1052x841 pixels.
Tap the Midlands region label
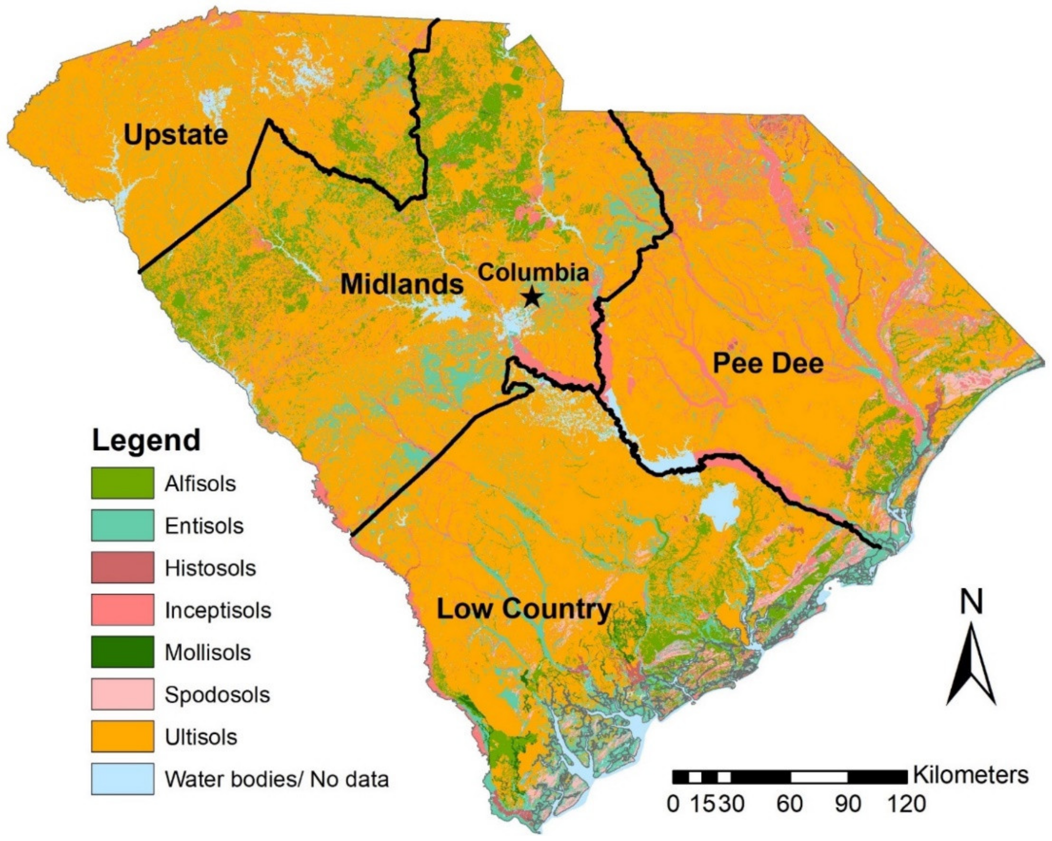click(402, 284)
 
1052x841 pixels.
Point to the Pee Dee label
click(768, 364)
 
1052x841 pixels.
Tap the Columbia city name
click(533, 272)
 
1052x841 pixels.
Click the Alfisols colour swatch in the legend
click(123, 483)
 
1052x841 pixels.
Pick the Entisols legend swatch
click(123, 525)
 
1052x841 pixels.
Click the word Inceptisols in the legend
click(218, 610)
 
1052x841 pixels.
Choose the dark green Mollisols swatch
click(123, 652)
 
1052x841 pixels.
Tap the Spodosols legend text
click(217, 694)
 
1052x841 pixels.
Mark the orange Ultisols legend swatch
click(123, 736)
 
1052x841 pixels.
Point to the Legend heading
click(147, 440)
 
